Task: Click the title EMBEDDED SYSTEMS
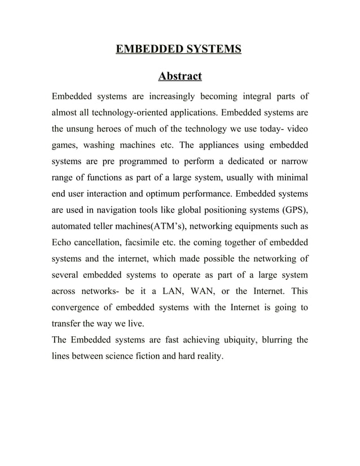pos(178,50)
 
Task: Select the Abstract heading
pos(179,76)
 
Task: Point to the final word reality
pos(209,358)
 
